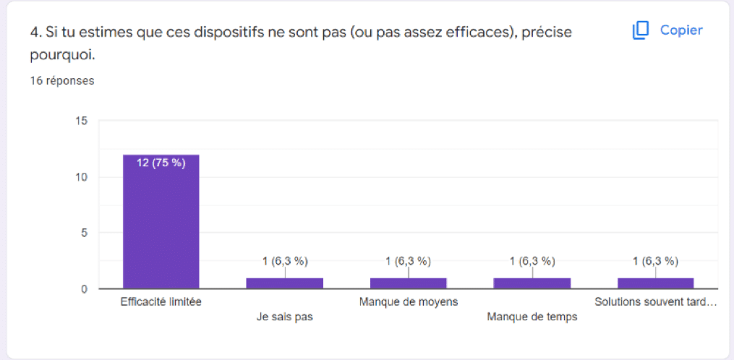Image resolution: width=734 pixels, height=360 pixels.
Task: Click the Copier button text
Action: coord(681,30)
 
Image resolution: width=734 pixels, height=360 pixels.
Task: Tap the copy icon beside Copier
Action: coord(641,30)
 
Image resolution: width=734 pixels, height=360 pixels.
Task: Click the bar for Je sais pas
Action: coord(284,283)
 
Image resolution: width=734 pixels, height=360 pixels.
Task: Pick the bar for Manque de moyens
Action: coord(408,283)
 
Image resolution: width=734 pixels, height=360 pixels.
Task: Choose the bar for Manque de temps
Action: coord(532,283)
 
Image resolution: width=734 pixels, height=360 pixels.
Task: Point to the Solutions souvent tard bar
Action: coord(655,283)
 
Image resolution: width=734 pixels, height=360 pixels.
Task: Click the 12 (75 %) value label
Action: coord(161,163)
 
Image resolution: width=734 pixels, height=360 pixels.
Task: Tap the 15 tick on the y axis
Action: coord(82,121)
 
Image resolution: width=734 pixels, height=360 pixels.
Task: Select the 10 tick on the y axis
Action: coord(82,177)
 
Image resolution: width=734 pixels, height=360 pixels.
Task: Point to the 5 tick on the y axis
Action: coord(85,233)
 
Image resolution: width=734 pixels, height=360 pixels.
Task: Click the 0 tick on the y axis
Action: coord(85,289)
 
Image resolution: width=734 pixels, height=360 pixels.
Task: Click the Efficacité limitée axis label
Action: coord(161,301)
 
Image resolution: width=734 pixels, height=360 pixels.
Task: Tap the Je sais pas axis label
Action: coord(284,317)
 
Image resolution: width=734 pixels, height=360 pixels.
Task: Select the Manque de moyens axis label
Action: coord(408,301)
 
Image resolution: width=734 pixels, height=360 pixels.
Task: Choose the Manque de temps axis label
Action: coord(532,317)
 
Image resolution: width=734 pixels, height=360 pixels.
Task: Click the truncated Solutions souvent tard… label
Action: coord(655,301)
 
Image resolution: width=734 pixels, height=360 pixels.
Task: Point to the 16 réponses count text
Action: coord(61,81)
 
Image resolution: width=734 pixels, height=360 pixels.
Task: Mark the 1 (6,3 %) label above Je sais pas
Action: coord(284,261)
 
